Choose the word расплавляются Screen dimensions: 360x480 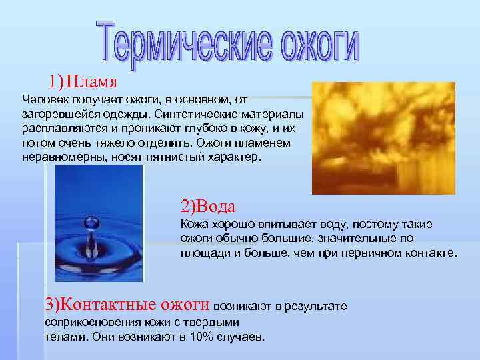61,129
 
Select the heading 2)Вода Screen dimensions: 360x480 209,204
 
